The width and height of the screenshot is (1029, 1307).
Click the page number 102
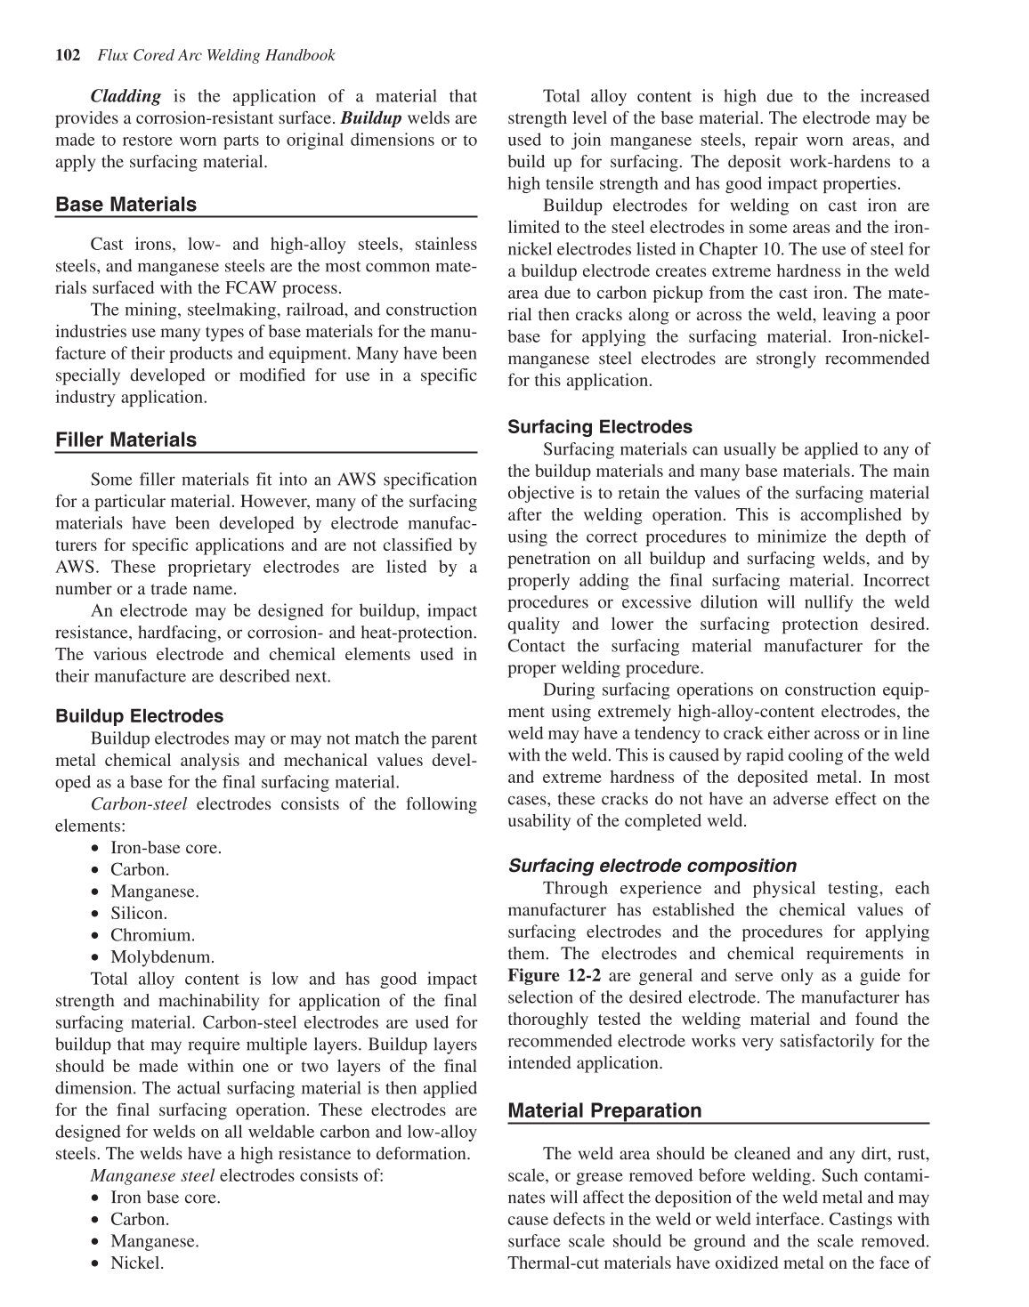tap(68, 55)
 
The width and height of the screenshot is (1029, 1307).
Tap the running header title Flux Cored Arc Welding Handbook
tap(216, 55)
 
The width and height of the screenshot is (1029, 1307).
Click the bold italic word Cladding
tap(126, 96)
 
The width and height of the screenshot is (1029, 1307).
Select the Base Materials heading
tap(126, 205)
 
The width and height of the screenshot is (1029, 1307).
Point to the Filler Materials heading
tap(126, 440)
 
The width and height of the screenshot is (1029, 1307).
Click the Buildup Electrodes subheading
tap(139, 715)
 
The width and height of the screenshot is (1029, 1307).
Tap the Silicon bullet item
tap(138, 914)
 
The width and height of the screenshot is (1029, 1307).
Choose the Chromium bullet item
tap(152, 935)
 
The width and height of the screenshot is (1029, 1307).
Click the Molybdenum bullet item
tap(162, 957)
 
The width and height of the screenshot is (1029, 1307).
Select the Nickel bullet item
tap(137, 1263)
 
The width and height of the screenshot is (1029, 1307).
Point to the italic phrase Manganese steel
tap(152, 1176)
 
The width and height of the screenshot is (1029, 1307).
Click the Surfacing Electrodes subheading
tap(599, 427)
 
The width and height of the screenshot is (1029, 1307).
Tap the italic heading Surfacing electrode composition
tap(652, 866)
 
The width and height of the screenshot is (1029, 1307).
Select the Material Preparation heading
tap(604, 1110)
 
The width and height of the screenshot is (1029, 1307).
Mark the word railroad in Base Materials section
tap(331, 311)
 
